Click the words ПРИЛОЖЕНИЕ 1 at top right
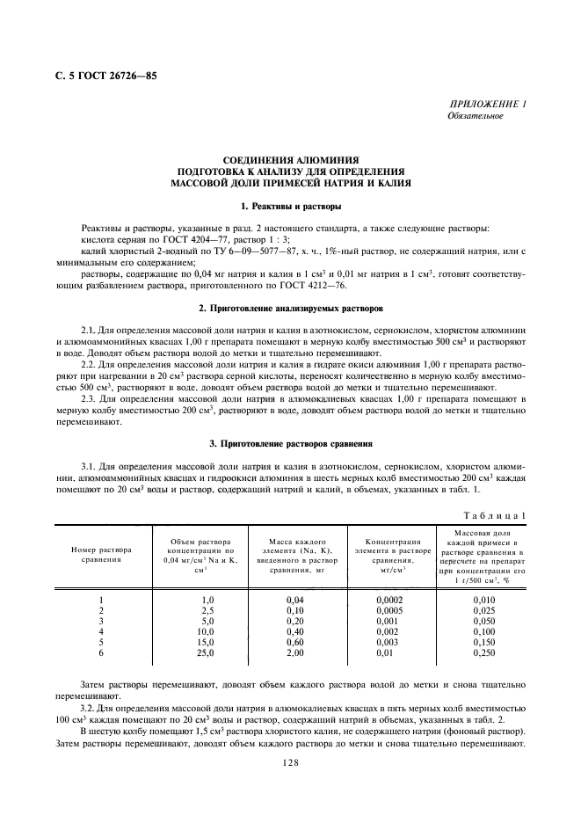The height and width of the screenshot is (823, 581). pos(488,105)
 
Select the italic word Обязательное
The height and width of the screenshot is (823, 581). pos(476,116)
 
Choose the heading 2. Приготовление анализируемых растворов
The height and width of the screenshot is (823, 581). pos(290,310)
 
